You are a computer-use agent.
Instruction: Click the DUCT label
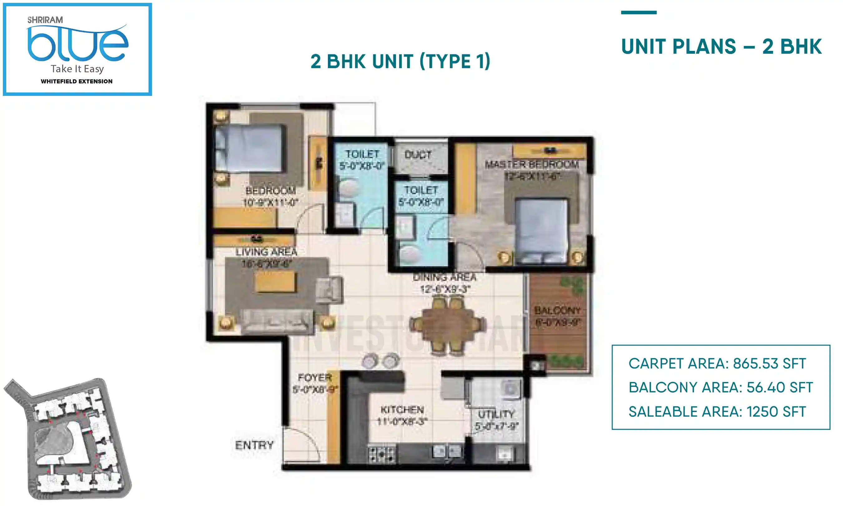tap(418, 155)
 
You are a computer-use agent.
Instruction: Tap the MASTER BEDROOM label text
tap(532, 164)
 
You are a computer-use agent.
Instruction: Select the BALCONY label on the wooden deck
tap(557, 310)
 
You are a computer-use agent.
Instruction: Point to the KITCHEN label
tap(402, 409)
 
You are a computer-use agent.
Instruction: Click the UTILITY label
tap(496, 414)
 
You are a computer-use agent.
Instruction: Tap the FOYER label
tap(314, 377)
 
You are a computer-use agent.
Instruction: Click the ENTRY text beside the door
tap(254, 445)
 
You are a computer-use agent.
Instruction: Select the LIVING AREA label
tap(266, 252)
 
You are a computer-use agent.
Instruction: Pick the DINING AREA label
tap(445, 277)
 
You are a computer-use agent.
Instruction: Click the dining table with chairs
tap(447, 326)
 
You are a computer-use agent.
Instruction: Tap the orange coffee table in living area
tap(275, 281)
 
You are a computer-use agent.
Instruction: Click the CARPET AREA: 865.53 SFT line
tap(717, 364)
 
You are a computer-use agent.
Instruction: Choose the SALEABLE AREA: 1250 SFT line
tap(717, 412)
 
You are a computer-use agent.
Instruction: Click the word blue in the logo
tap(78, 44)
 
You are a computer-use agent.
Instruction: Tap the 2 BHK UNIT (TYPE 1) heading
tap(400, 61)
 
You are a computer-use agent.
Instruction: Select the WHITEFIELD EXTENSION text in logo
tap(77, 81)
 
